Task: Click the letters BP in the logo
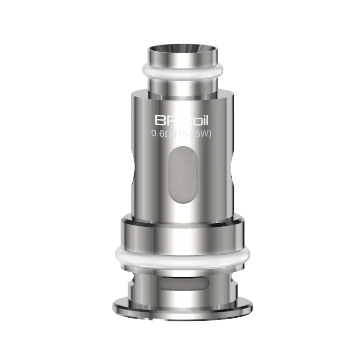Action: pyautogui.click(x=161, y=120)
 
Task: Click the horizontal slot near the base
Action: pyautogui.click(x=180, y=282)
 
